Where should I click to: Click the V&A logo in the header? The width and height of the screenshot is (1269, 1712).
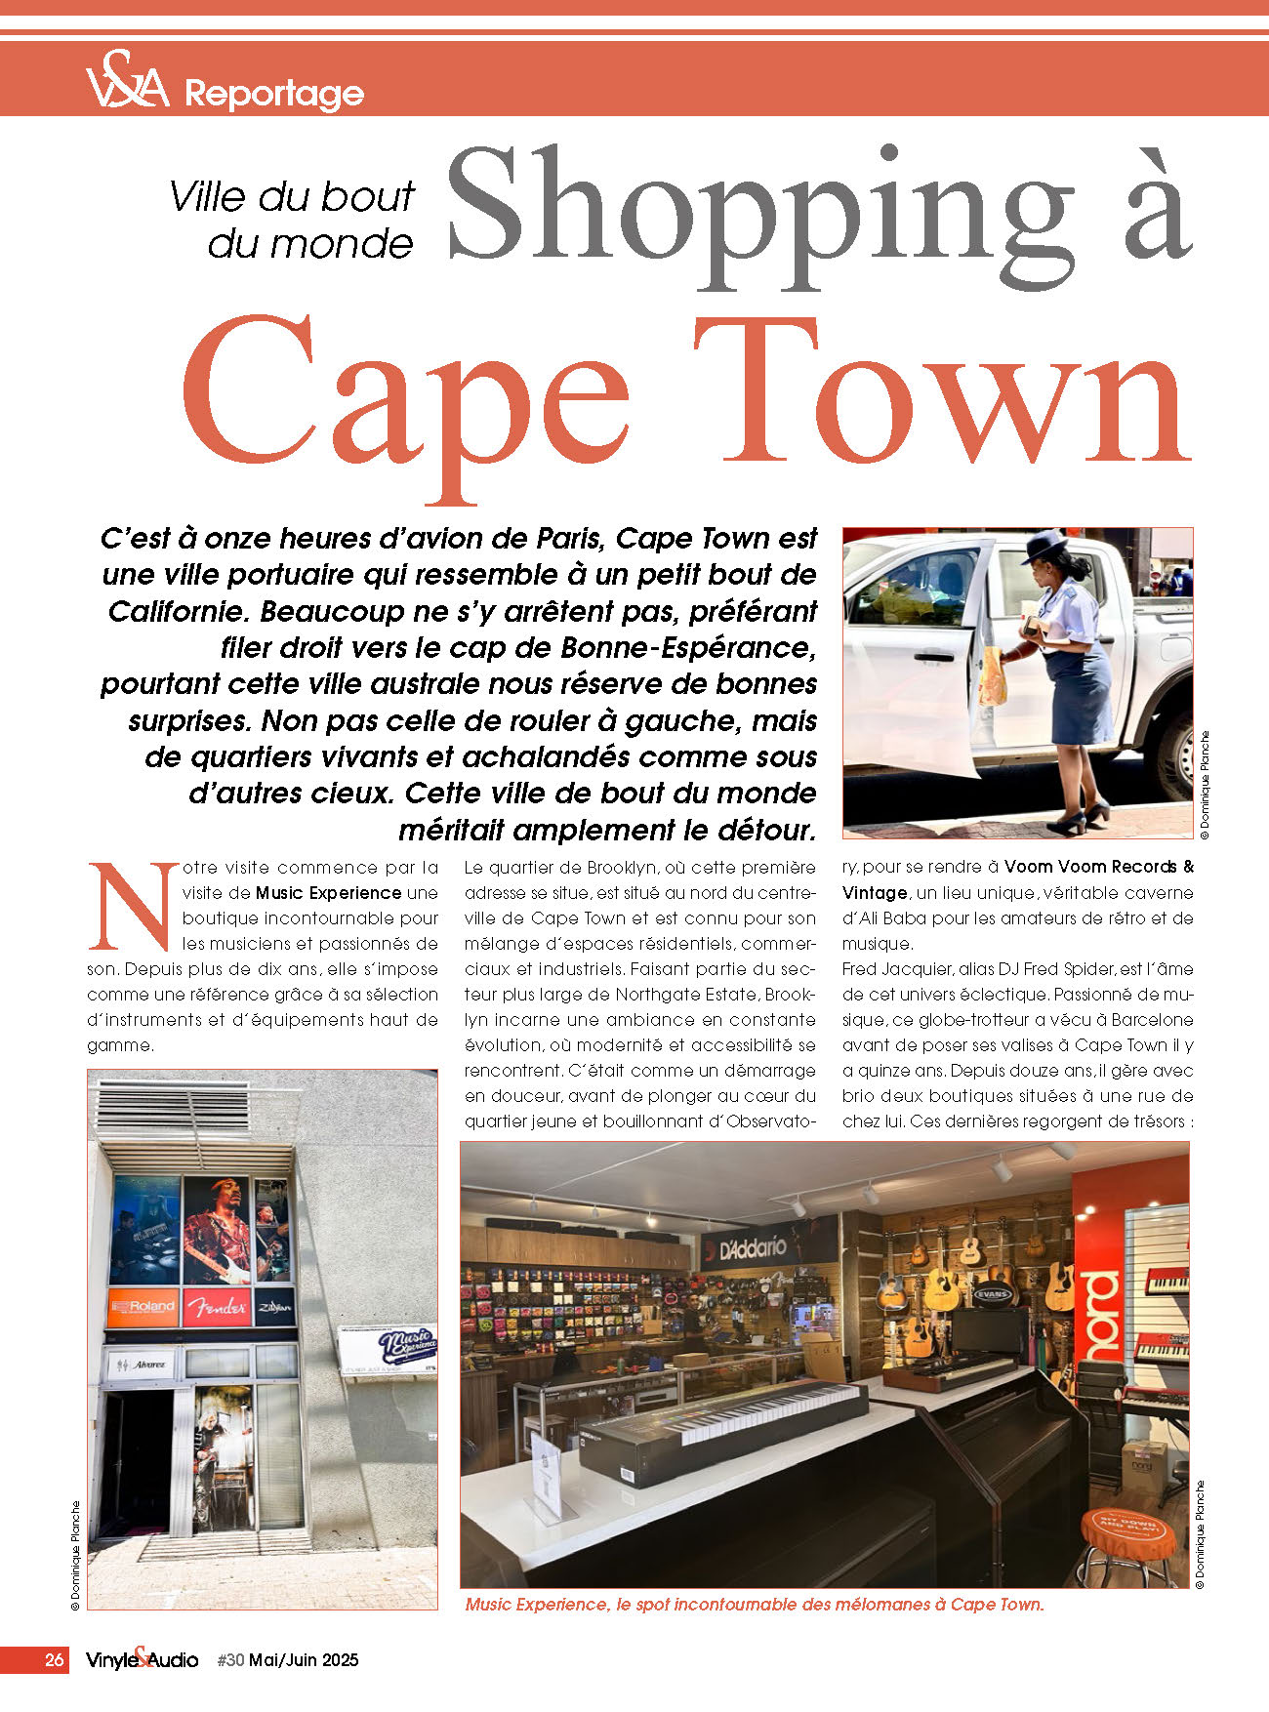pos(127,79)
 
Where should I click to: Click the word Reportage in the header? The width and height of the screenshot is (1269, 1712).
pos(274,94)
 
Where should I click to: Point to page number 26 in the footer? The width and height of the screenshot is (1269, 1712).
pos(55,1659)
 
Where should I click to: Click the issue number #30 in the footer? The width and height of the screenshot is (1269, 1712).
pos(230,1659)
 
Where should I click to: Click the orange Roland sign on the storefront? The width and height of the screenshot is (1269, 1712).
pos(143,1306)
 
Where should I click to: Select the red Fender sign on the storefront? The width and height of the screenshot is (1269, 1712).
pos(217,1307)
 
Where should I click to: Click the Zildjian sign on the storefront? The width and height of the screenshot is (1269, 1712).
pos(274,1307)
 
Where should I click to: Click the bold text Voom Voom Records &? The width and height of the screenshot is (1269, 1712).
pos(1099,867)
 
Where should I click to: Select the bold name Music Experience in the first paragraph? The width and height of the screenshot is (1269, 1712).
pos(329,892)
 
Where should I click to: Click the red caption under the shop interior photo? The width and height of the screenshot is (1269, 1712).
pos(755,1605)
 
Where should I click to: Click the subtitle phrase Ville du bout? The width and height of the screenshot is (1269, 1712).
pos(292,197)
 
